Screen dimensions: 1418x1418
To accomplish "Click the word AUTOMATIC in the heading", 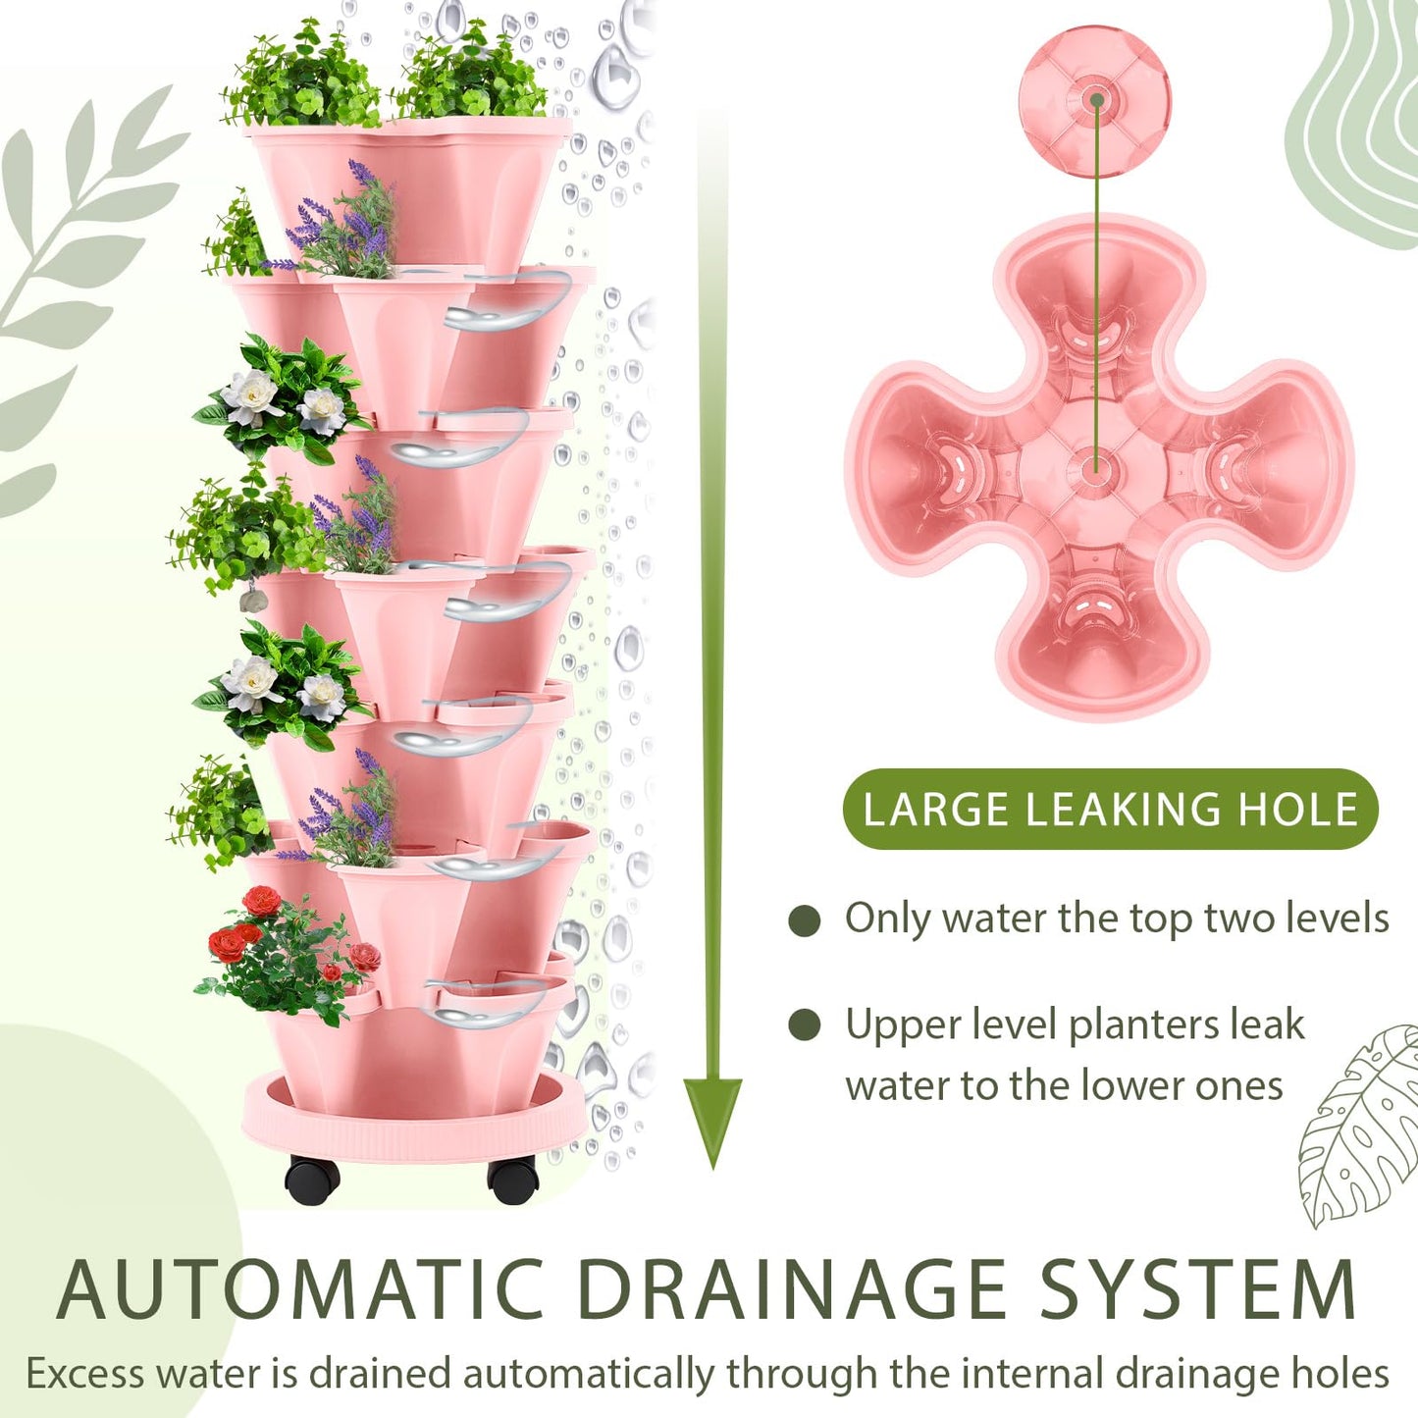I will [x=300, y=1288].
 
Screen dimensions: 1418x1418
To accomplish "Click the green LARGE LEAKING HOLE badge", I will [x=1110, y=810].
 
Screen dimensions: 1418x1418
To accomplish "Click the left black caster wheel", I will [x=312, y=1179].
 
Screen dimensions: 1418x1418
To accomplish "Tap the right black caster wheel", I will [x=513, y=1179].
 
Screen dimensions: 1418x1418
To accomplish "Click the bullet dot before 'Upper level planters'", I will [x=805, y=1024].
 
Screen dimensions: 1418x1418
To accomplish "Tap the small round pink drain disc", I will [x=1095, y=101].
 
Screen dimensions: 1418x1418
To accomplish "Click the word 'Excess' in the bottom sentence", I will [x=84, y=1373].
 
